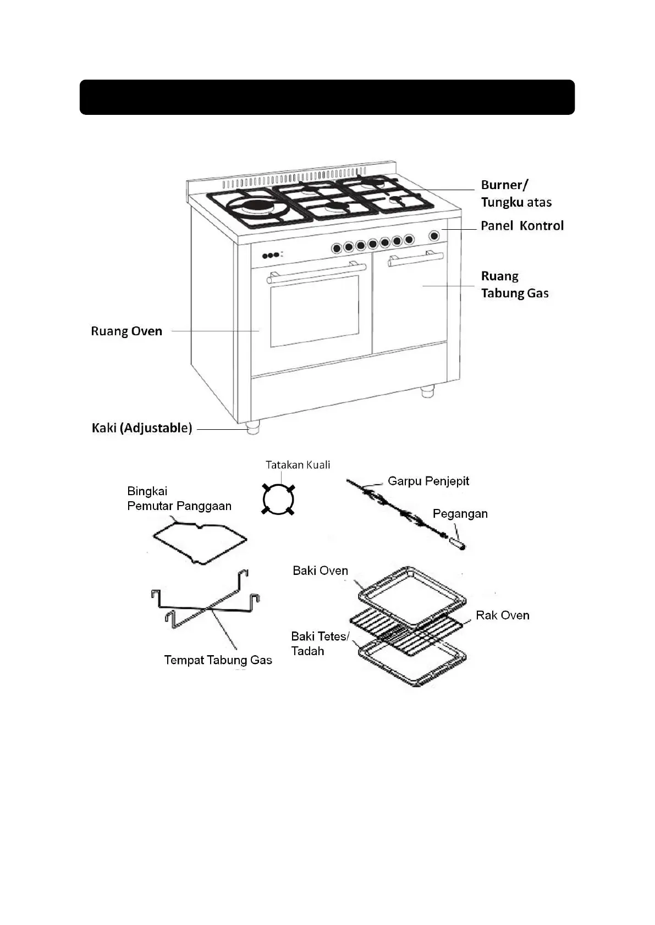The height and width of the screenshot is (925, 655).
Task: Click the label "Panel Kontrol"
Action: point(522,225)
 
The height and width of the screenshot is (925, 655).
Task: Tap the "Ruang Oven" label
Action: point(126,331)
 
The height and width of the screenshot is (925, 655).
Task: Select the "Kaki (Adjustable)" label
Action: point(142,428)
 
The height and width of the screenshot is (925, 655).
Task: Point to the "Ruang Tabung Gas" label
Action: point(514,285)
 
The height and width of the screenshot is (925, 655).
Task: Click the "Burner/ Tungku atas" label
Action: point(516,193)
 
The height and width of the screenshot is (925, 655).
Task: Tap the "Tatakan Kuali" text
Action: point(298,465)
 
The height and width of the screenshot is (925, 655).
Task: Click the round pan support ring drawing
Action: point(278,499)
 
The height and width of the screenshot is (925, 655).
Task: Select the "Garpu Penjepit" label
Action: point(428,481)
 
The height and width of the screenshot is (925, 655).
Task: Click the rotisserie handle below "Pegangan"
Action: point(458,544)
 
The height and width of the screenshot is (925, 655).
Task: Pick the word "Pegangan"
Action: point(460,514)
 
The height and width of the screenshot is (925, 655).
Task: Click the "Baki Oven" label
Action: point(320,571)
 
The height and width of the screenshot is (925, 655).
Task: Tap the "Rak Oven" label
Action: point(502,616)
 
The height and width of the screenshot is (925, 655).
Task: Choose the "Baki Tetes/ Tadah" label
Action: point(320,644)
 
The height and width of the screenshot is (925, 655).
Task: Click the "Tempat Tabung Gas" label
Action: point(218,660)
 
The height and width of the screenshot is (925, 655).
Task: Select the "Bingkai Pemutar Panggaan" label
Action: point(179,498)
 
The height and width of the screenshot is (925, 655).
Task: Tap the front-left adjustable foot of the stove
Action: point(252,427)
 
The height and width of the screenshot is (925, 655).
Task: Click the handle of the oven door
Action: point(316,273)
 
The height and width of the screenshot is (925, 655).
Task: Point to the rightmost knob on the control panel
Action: point(434,236)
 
